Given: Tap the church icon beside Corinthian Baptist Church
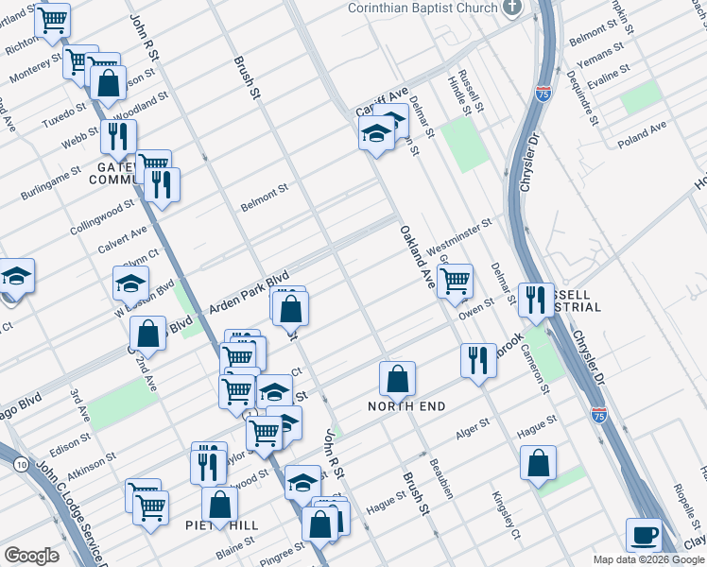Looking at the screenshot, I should click(x=512, y=8).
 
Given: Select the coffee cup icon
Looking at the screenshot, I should click(x=646, y=534).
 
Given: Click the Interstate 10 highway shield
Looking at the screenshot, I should click(x=21, y=464).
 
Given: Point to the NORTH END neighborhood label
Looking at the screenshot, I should click(x=406, y=406).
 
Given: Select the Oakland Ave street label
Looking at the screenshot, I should click(x=416, y=257).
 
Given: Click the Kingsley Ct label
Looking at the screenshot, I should click(x=506, y=514).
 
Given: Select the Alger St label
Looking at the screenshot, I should click(x=473, y=431).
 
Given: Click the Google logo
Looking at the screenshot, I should click(x=31, y=556).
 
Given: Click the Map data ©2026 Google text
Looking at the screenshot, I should click(x=647, y=559).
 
